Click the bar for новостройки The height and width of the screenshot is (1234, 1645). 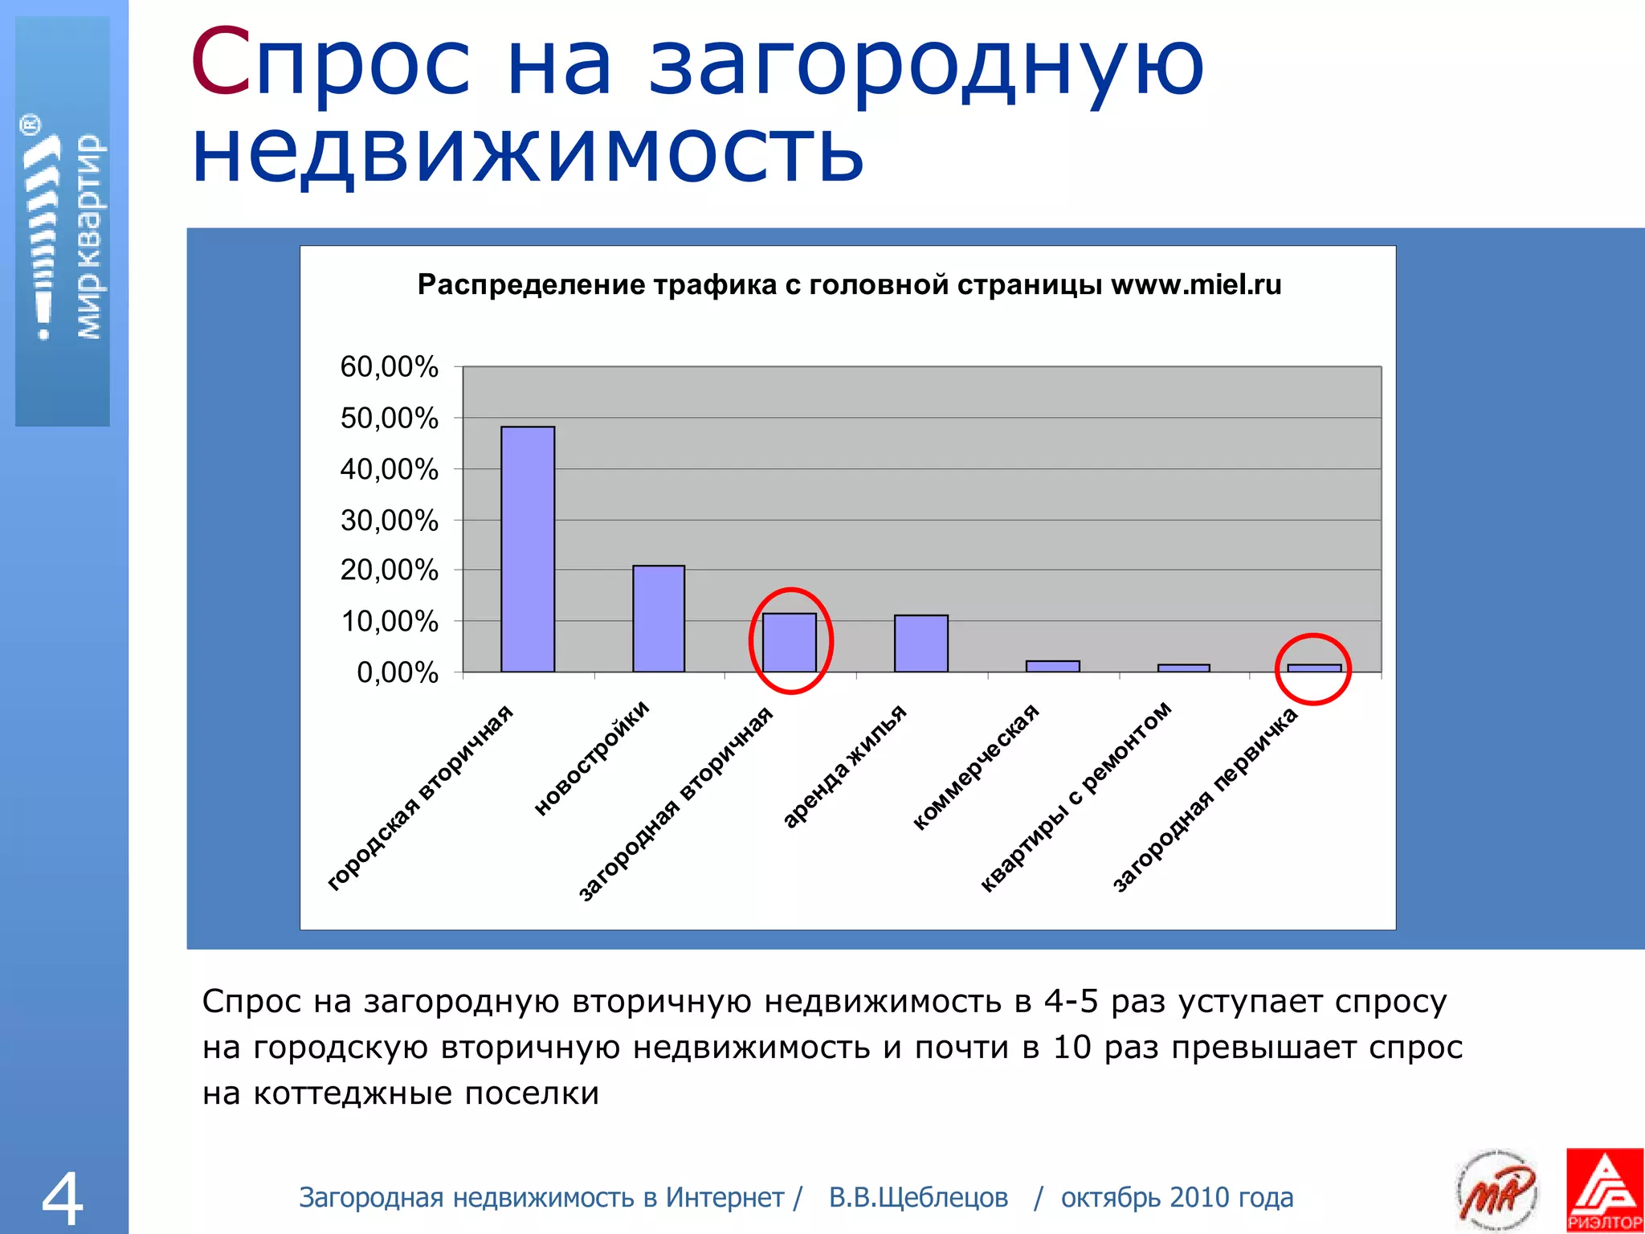click(x=659, y=619)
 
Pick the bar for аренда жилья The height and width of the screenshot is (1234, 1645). click(x=921, y=643)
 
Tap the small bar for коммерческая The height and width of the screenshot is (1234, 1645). click(x=1052, y=666)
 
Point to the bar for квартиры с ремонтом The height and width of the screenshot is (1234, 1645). click(x=1183, y=668)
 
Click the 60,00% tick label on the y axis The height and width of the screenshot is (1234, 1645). click(x=390, y=367)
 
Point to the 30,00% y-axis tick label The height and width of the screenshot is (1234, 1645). click(x=390, y=521)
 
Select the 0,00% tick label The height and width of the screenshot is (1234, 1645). click(x=398, y=672)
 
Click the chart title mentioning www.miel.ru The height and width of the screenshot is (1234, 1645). click(x=849, y=285)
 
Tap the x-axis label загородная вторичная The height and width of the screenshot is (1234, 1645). click(x=676, y=803)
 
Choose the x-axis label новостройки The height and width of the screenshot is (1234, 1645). click(x=592, y=758)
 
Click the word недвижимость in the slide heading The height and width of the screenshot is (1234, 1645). click(x=528, y=153)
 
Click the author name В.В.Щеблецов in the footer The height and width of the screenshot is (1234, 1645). click(x=918, y=1198)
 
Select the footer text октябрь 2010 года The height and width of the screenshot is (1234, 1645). click(x=1177, y=1198)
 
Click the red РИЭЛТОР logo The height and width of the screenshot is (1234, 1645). click(x=1604, y=1190)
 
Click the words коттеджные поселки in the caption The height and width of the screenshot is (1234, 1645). click(x=427, y=1093)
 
